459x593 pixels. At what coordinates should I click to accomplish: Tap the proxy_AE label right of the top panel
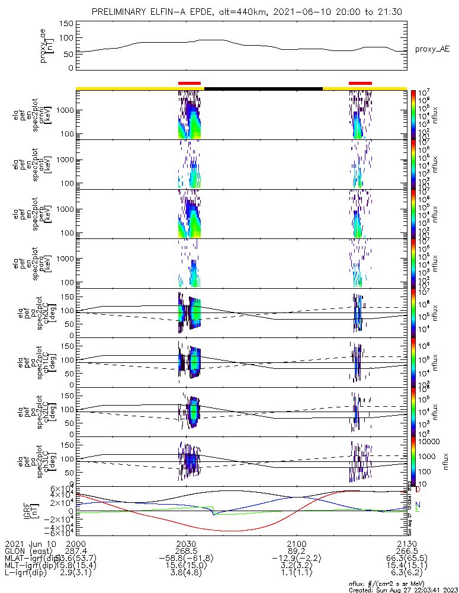[x=432, y=49]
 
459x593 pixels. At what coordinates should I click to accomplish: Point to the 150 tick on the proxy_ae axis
[x=66, y=24]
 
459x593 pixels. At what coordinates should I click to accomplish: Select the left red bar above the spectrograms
[x=190, y=84]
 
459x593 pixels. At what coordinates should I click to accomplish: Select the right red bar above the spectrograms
[x=360, y=84]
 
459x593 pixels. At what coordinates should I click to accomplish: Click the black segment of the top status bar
[x=264, y=88]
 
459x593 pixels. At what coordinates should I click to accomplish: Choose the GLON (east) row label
[x=28, y=551]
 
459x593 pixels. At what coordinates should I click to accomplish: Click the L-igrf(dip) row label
[x=30, y=575]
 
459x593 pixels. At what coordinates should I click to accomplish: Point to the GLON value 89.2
[x=296, y=551]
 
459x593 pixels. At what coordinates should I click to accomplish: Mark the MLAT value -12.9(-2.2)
[x=296, y=560]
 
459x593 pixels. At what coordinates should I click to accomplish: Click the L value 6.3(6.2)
[x=406, y=575]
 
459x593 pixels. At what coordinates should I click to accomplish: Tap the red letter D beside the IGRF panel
[x=418, y=490]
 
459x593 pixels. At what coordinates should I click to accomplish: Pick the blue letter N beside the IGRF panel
[x=418, y=504]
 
